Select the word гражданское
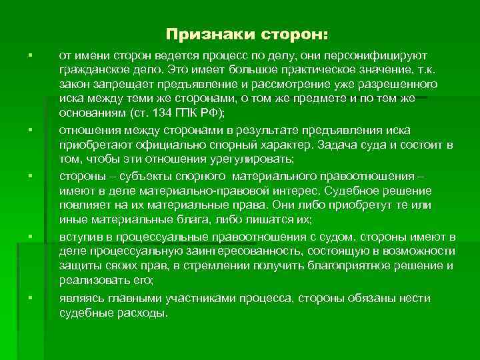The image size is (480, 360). pos(91,69)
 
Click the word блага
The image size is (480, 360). pos(189,219)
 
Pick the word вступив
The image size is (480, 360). pos(83,237)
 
